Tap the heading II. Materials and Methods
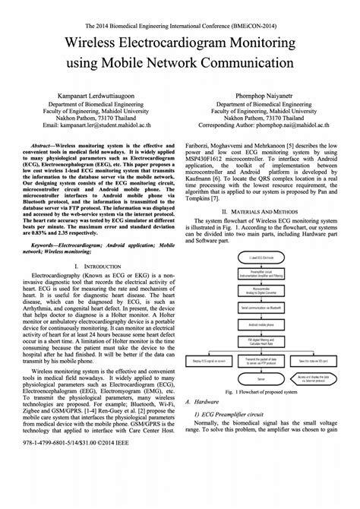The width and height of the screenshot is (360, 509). [266, 210]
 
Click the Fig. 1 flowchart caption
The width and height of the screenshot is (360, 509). [266, 391]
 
